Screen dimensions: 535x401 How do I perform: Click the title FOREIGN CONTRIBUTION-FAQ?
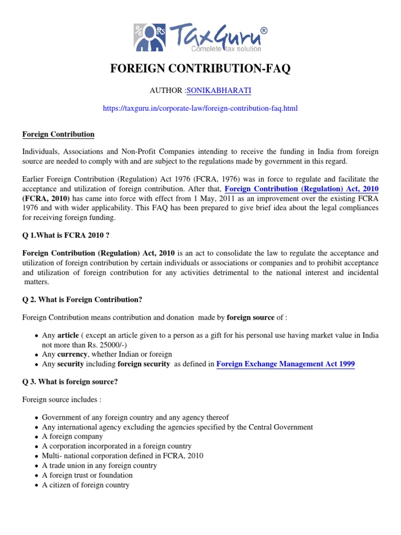click(x=200, y=69)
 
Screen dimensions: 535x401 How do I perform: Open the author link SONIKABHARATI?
click(x=208, y=90)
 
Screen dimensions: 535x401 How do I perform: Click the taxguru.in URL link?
click(x=200, y=108)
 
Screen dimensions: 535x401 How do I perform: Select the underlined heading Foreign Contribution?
click(x=58, y=134)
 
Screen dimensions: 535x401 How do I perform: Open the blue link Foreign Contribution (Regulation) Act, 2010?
click(x=302, y=189)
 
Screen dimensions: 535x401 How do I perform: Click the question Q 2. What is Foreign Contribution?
click(x=82, y=299)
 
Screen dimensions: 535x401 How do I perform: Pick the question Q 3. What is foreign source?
click(x=70, y=381)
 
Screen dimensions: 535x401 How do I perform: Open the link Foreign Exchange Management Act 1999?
click(x=285, y=364)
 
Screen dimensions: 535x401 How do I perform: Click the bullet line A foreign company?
click(x=73, y=437)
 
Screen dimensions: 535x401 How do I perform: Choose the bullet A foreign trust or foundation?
click(x=87, y=475)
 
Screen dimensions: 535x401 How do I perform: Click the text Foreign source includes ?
click(x=62, y=400)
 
